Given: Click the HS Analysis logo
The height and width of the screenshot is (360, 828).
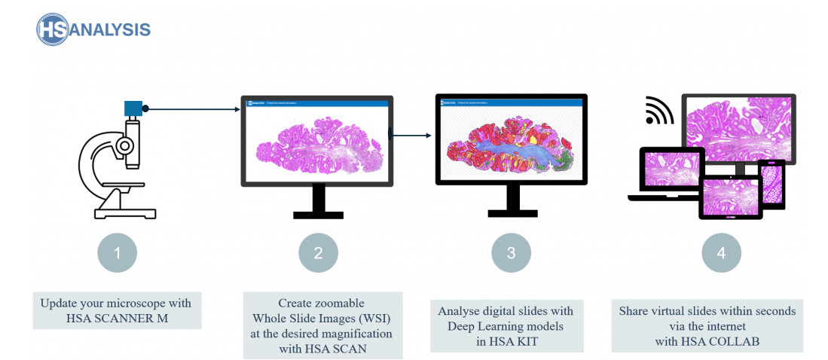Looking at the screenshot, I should coord(93,29).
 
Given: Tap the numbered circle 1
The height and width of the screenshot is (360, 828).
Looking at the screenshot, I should coord(117,254).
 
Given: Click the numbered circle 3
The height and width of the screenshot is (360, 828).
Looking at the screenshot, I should coord(511,254).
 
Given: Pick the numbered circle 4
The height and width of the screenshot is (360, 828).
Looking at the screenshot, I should coord(721,254).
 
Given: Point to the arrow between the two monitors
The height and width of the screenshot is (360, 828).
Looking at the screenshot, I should coord(411,136).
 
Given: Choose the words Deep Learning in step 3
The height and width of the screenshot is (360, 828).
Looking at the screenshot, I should coord(481,325).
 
